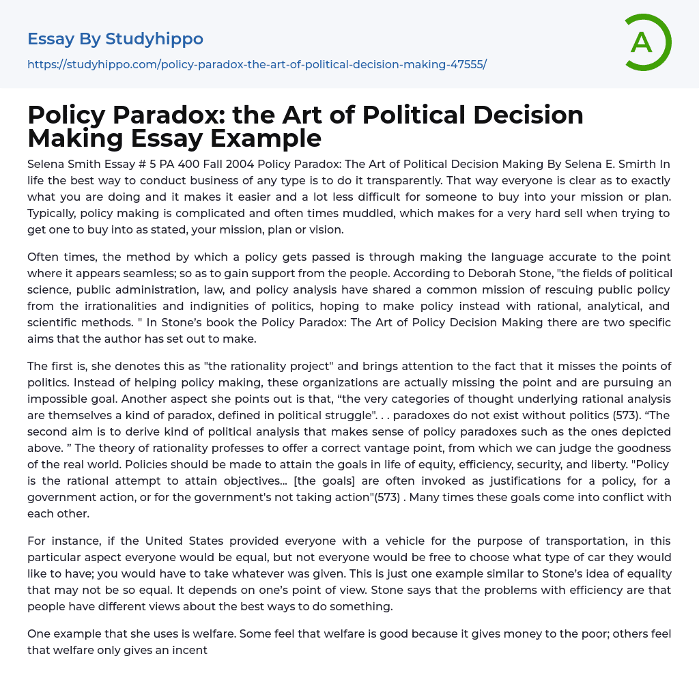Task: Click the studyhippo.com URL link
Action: pyautogui.click(x=257, y=64)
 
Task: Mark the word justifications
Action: pyautogui.click(x=418, y=480)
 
